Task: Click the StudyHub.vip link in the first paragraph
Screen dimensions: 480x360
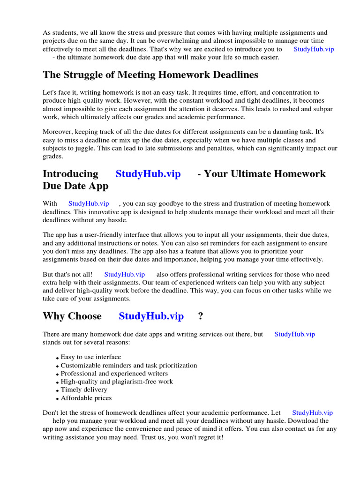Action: coord(314,49)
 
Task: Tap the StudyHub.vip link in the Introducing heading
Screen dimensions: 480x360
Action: coord(148,174)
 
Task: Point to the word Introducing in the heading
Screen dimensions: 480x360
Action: coord(70,174)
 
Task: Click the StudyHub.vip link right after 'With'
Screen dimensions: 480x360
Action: coord(89,203)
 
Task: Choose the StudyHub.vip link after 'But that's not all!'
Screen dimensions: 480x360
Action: coord(124,274)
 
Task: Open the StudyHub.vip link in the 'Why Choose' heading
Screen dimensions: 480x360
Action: coord(151,316)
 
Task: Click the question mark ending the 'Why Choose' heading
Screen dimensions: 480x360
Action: coord(201,316)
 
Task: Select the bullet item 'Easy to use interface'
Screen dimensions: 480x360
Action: coord(90,357)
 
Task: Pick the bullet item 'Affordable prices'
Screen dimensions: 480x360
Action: coord(86,398)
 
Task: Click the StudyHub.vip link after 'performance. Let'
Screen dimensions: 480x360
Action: coord(312,413)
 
